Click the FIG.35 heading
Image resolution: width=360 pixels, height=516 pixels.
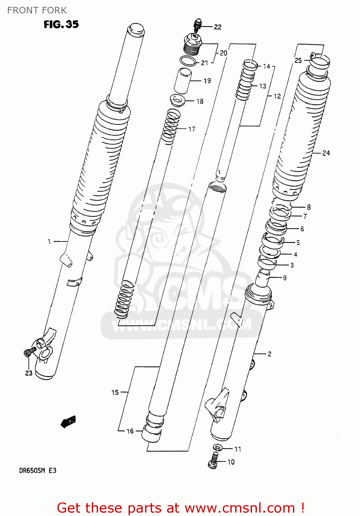point(61,24)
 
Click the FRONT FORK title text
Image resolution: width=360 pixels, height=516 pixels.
point(37,10)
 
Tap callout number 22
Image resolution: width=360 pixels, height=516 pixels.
point(218,27)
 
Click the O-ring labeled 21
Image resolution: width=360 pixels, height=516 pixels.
point(188,61)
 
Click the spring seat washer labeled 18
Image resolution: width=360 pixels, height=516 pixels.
point(178,100)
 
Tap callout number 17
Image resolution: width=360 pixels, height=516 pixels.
point(192,129)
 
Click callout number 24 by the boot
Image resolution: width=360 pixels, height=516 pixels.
point(326,153)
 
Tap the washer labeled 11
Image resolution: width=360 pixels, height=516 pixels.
point(217,448)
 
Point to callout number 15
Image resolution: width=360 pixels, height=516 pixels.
point(115,392)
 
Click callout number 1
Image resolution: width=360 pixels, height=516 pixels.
point(49,242)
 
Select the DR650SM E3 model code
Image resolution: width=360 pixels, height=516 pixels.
point(37,471)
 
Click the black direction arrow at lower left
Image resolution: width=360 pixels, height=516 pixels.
point(68,421)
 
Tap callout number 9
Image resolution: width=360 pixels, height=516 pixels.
point(285,278)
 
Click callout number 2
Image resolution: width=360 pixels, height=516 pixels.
point(270,354)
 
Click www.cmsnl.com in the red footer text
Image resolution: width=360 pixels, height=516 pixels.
point(240,508)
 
